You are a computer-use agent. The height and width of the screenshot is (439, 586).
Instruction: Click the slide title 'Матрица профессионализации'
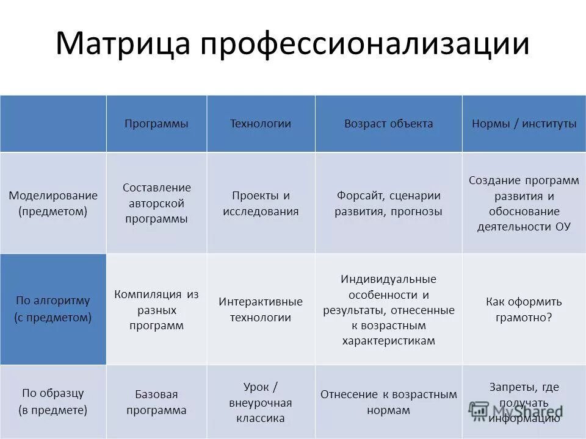pos(292,45)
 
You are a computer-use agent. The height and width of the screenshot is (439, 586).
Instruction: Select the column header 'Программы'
pos(156,124)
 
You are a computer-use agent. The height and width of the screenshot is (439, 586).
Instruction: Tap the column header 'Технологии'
pos(260,124)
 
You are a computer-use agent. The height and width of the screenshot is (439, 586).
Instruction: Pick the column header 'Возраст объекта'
pos(388,124)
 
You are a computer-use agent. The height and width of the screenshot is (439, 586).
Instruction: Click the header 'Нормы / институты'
pos(524,124)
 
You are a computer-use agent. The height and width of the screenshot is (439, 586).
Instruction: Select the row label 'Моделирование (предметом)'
pos(53,203)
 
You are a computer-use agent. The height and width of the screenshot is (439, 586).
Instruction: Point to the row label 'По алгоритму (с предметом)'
pos(53,309)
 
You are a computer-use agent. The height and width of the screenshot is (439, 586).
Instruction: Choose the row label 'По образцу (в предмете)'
pos(53,401)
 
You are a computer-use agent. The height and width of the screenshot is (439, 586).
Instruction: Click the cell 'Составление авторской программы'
pos(156,203)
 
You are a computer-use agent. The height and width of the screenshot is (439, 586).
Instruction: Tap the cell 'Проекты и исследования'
pos(261,203)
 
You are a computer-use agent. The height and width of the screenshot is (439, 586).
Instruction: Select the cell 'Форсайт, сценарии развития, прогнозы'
pos(388,203)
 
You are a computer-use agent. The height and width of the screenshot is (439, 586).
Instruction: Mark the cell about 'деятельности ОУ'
pos(524,204)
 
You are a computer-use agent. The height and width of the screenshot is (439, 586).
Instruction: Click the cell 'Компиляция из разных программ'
pos(156,310)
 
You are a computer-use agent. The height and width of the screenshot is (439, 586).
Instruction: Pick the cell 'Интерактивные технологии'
pos(261,310)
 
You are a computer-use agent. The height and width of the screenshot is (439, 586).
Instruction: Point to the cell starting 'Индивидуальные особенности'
pos(388,310)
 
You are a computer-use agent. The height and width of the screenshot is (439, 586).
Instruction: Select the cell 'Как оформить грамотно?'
pos(524,310)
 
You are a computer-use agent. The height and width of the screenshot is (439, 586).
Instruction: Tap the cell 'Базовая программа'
pos(156,402)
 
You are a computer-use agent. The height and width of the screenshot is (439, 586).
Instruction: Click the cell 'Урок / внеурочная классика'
pos(261,402)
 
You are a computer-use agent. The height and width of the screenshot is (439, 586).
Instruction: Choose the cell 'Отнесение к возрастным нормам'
pos(388,402)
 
